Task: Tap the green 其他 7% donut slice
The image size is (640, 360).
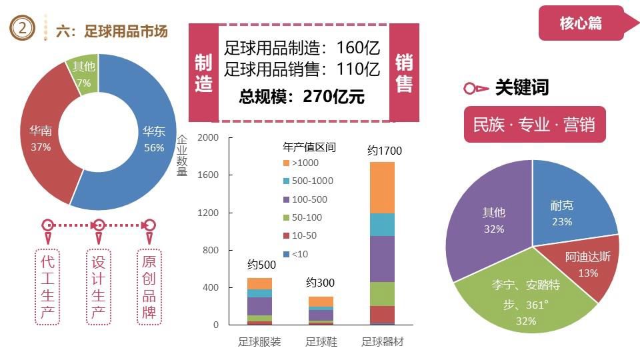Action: pyautogui.click(x=83, y=74)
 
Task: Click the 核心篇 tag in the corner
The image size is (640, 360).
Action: pyautogui.click(x=581, y=23)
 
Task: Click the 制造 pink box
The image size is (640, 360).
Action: pyautogui.click(x=203, y=73)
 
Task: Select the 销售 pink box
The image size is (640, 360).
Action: pyautogui.click(x=404, y=73)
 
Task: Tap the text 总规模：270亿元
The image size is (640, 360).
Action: pyautogui.click(x=302, y=97)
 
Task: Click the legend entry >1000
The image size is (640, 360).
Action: pyautogui.click(x=301, y=163)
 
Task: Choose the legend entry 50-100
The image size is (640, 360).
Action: pyautogui.click(x=302, y=217)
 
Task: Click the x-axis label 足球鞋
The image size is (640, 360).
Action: pyautogui.click(x=321, y=342)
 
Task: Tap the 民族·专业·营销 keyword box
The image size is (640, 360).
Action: pyautogui.click(x=534, y=125)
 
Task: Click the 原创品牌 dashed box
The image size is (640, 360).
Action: pyautogui.click(x=149, y=287)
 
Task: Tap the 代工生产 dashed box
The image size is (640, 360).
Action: pyautogui.click(x=48, y=287)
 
